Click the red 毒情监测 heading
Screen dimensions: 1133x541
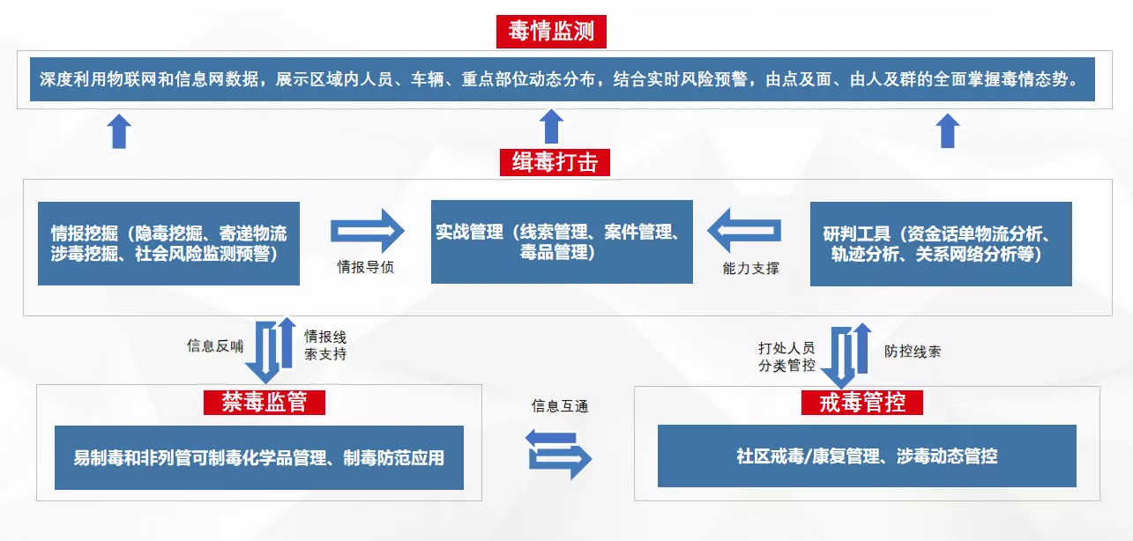551,32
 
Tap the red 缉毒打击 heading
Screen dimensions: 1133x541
555,162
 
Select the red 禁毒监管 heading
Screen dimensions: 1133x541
264,403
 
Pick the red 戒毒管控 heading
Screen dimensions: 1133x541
862,403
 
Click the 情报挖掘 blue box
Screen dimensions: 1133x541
168,244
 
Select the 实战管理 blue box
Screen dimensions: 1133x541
562,241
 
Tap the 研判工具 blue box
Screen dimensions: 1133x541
941,244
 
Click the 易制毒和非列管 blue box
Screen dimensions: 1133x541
259,457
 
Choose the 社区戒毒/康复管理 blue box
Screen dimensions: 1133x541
867,456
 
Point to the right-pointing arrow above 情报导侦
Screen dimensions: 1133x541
368,231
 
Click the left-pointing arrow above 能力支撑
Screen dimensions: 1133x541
744,231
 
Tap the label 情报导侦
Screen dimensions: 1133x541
366,267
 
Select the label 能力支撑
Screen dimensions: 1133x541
751,268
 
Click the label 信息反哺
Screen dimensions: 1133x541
215,346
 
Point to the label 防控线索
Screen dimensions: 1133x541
913,352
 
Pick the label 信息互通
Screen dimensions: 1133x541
560,406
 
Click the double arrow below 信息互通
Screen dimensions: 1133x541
558,454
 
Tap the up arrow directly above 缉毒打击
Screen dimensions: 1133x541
551,126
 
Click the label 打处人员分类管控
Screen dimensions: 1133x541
786,357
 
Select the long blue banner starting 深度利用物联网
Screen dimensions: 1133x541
563,79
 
